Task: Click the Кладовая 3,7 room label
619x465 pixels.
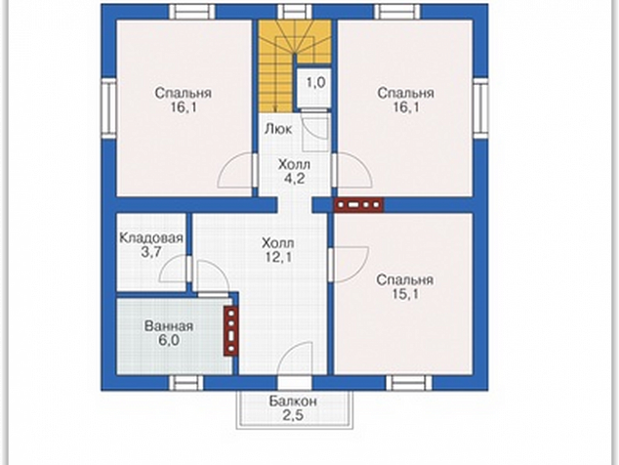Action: point(151,244)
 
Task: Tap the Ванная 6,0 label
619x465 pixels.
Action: point(169,333)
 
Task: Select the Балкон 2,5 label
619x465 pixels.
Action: point(293,408)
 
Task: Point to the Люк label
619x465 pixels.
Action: point(278,129)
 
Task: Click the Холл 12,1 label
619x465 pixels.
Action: point(278,250)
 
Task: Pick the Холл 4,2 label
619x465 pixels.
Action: point(294,171)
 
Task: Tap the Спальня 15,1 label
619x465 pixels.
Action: point(404,286)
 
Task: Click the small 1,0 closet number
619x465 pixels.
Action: point(315,83)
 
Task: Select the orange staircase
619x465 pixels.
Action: point(294,63)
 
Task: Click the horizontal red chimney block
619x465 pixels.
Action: point(359,204)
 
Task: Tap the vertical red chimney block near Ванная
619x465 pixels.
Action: point(231,331)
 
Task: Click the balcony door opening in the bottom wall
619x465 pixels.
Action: point(294,383)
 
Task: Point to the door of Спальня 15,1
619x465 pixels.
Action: point(350,265)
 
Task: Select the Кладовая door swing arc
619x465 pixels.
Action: point(175,269)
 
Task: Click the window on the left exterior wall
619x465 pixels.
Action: point(108,107)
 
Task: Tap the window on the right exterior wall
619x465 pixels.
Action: point(480,107)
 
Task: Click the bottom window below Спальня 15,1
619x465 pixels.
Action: point(409,383)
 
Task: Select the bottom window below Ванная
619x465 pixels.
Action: point(186,383)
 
